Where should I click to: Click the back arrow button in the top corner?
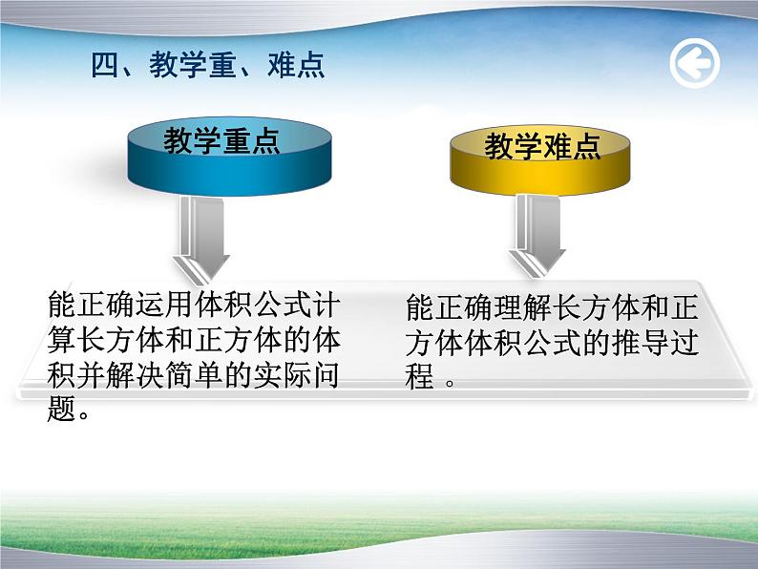694,65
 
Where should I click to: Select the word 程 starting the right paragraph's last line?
419,377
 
